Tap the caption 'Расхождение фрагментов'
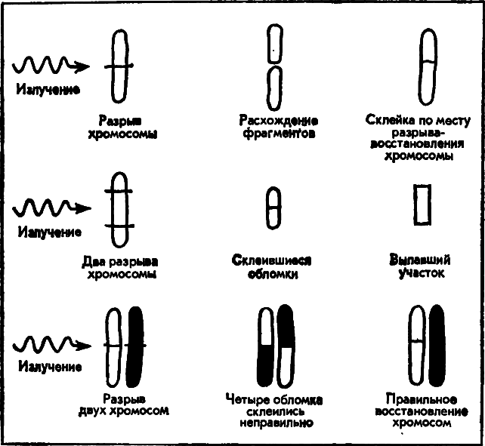click(x=278, y=127)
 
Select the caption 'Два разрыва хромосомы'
click(x=122, y=267)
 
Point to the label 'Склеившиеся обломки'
click(x=273, y=267)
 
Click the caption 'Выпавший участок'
click(x=419, y=267)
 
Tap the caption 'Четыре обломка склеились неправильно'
click(x=274, y=411)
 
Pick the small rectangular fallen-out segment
click(x=422, y=203)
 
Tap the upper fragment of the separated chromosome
click(x=274, y=45)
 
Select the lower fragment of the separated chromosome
click(x=274, y=85)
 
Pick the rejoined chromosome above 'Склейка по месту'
click(x=428, y=67)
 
